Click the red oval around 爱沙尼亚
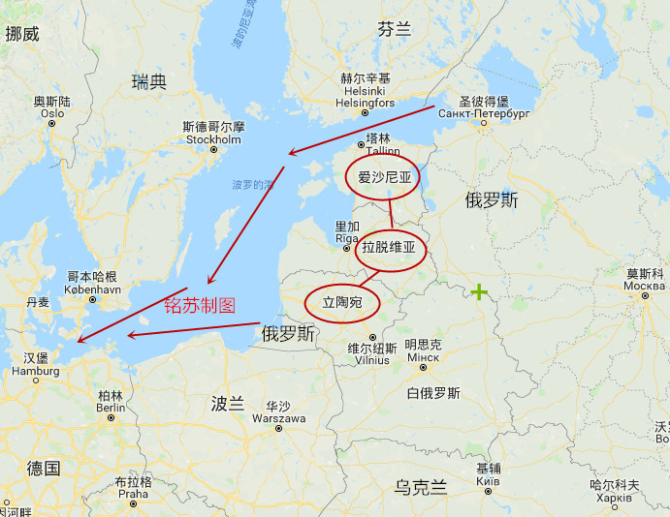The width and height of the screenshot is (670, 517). coord(385,177)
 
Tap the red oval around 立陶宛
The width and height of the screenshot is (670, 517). coord(341,303)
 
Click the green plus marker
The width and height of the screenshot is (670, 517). coord(479,291)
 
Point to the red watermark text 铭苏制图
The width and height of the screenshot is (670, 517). coord(199,304)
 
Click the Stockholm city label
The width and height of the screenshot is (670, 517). coord(213,139)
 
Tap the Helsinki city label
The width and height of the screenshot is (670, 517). coord(365,103)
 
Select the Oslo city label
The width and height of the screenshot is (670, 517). coord(51,113)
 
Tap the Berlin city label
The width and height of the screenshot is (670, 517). coord(111,408)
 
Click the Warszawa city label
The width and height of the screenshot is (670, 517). coord(278,418)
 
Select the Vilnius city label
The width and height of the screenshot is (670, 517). coord(367,359)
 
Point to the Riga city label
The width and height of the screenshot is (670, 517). coord(347,237)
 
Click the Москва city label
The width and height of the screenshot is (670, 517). coord(645,286)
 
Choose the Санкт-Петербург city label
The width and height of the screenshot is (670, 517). coord(484,113)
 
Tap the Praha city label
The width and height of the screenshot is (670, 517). coord(133,493)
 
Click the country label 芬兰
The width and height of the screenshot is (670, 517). coord(395,30)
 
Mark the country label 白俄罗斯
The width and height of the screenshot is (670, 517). coord(433,393)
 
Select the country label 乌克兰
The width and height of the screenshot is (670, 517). coord(421,487)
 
